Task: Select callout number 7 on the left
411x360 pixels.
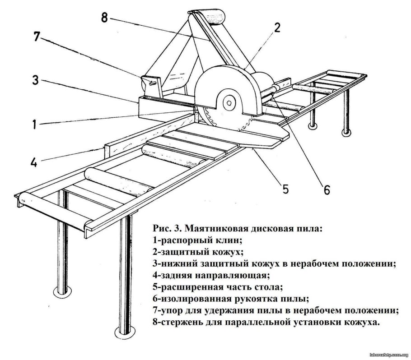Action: [x=37, y=37]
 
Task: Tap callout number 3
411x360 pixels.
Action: [x=37, y=81]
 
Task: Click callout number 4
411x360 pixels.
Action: [x=34, y=162]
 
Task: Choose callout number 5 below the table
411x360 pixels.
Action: [x=285, y=188]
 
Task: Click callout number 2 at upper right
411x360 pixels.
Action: [x=277, y=28]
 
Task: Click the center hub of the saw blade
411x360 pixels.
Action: [x=229, y=103]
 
